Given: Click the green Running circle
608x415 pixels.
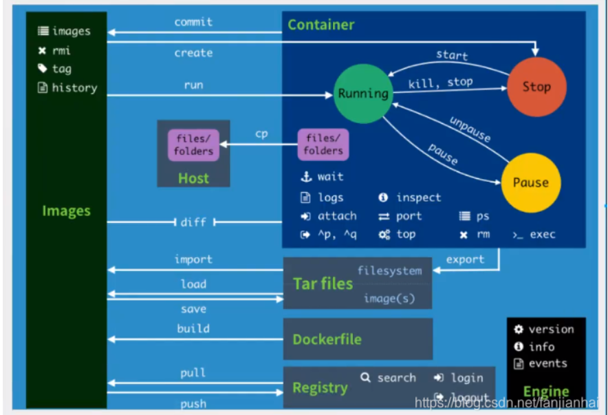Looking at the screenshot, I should [363, 93].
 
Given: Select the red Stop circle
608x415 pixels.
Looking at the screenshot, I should [536, 87].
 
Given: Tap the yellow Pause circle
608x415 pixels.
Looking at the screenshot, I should [530, 182].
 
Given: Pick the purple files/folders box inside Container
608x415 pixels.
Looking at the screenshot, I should [323, 145].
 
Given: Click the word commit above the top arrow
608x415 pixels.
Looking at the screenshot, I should [193, 22].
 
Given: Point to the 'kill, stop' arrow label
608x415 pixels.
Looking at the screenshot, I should [440, 83].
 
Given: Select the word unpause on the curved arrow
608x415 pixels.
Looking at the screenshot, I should [470, 129].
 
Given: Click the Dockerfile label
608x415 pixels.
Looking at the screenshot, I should [327, 339].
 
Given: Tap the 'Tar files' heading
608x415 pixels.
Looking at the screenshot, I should [323, 284].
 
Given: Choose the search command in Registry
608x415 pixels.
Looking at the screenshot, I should [389, 378].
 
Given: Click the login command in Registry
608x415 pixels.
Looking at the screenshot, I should [459, 378].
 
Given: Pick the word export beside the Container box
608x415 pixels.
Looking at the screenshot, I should [465, 259].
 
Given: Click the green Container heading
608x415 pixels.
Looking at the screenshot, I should [321, 25].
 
